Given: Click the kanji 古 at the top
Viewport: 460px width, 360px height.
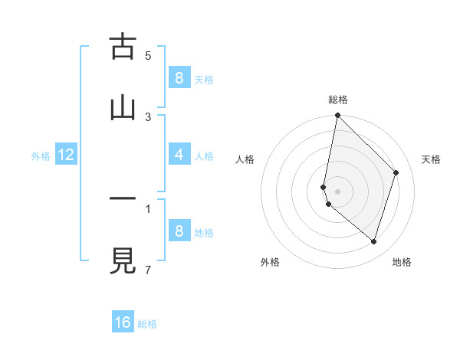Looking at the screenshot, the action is point(123,47).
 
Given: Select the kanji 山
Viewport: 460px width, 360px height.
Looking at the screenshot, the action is point(123,106).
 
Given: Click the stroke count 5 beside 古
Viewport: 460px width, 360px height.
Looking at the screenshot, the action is point(148,55).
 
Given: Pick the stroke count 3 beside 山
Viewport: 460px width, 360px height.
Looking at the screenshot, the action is point(148,116).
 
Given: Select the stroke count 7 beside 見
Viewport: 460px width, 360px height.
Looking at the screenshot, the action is point(148,269).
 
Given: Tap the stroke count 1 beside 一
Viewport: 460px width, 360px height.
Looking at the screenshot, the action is point(148,208).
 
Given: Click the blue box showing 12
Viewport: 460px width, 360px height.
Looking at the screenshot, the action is point(66,155).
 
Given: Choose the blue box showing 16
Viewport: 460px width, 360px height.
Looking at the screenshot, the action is point(123,322).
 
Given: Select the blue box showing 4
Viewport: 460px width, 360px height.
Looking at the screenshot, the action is point(179,155).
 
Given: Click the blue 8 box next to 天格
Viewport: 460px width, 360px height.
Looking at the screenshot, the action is point(179,78).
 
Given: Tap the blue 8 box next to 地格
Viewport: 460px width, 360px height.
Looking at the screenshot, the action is point(179,231).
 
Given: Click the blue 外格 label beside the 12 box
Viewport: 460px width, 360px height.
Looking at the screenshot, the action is point(41,156).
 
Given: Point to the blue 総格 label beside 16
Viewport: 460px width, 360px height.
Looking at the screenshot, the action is point(147,324).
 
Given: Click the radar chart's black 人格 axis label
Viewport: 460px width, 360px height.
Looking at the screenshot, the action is point(245,159).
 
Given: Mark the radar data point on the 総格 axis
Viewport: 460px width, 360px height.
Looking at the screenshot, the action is point(337,115).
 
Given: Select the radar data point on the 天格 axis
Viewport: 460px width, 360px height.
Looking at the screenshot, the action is point(396,172).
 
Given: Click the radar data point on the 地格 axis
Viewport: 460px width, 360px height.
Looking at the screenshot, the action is point(373,241).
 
